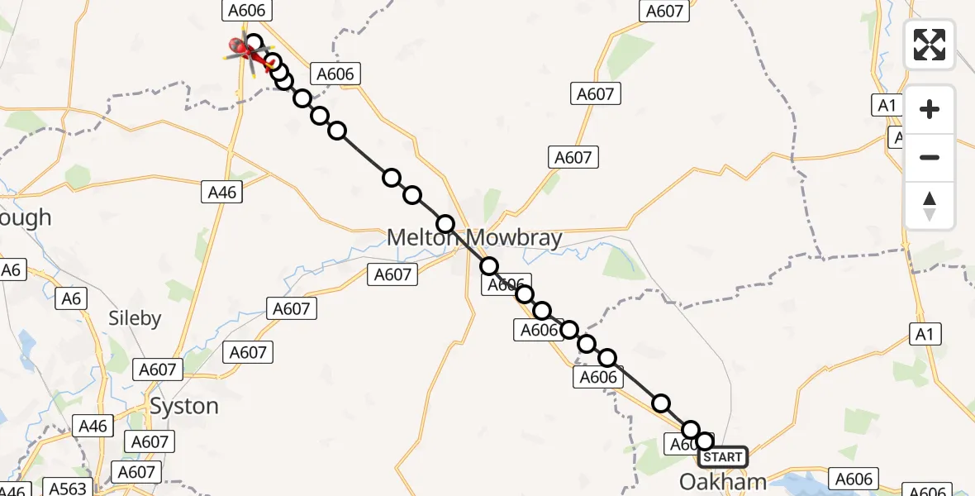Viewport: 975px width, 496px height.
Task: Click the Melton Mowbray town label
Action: pyautogui.click(x=474, y=239)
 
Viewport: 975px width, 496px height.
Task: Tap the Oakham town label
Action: pyautogui.click(x=723, y=481)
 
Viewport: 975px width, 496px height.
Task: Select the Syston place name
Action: pyautogui.click(x=183, y=407)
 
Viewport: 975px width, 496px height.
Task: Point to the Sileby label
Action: pyautogui.click(x=135, y=318)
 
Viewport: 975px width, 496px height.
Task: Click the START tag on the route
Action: pyautogui.click(x=723, y=457)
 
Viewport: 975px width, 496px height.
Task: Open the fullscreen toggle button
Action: pyautogui.click(x=930, y=45)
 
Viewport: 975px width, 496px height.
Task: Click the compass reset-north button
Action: pyautogui.click(x=930, y=206)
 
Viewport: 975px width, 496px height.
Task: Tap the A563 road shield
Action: pyautogui.click(x=68, y=488)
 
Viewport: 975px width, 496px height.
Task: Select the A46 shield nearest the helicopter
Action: pyautogui.click(x=221, y=193)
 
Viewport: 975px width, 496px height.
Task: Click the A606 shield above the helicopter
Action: pyautogui.click(x=245, y=11)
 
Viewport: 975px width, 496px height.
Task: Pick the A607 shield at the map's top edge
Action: pyautogui.click(x=664, y=11)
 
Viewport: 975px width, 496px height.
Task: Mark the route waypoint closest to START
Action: pyautogui.click(x=704, y=441)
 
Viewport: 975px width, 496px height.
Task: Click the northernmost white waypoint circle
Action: pyautogui.click(x=253, y=43)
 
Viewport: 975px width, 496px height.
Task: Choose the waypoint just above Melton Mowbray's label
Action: pyautogui.click(x=445, y=223)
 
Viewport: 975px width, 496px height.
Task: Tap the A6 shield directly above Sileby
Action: pyautogui.click(x=72, y=298)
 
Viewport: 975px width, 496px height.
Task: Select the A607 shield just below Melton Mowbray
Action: pyautogui.click(x=392, y=274)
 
